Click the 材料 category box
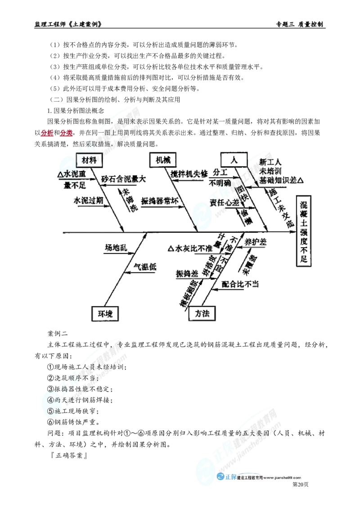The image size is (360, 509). coord(90,160)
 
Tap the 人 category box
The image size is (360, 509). coord(233,160)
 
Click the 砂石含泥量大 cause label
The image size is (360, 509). coord(123,178)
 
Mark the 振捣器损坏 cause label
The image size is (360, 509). coord(161,201)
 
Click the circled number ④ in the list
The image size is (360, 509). coord(50,400)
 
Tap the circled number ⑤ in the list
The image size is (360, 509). coord(50,410)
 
